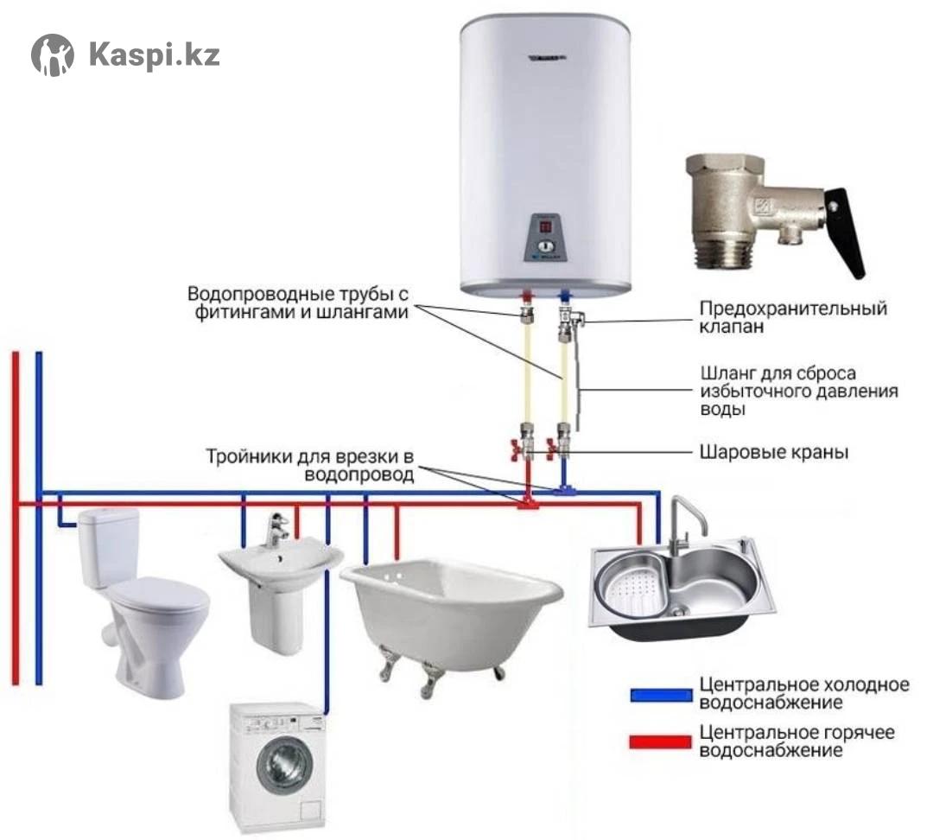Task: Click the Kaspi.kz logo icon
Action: [x=53, y=54]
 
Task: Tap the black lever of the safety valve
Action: [x=846, y=232]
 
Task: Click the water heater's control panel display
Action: [x=546, y=226]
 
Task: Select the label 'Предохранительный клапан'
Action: [x=792, y=316]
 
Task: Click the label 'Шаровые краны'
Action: [x=773, y=453]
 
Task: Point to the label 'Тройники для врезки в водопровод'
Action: [x=310, y=466]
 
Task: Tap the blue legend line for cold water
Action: [x=661, y=695]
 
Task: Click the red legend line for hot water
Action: [x=661, y=741]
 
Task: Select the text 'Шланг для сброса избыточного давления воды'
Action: [x=798, y=391]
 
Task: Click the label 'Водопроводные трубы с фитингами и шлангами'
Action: [x=297, y=303]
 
